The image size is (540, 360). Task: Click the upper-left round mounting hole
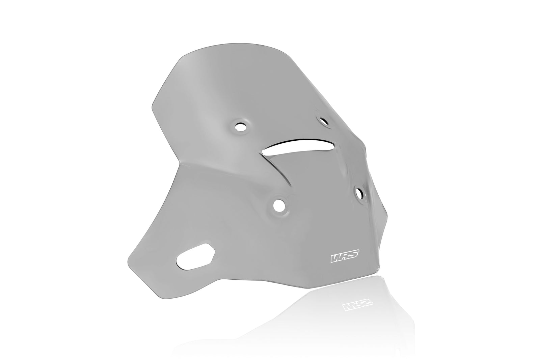(x=241, y=127)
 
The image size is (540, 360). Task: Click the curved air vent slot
(x=297, y=146)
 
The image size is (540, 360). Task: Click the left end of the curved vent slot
(x=267, y=152)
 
